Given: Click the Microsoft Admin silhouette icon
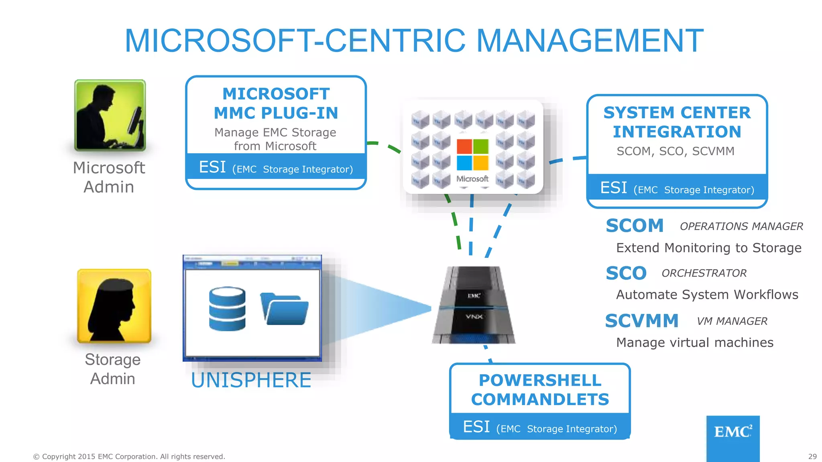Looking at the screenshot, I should (110, 115).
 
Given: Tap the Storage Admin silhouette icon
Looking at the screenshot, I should (114, 306).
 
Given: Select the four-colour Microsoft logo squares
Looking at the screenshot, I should (472, 155).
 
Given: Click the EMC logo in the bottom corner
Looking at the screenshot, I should (732, 432).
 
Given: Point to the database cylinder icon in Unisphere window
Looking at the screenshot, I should (227, 308).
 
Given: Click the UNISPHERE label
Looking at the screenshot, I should (251, 380).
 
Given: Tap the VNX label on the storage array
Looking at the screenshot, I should (474, 317).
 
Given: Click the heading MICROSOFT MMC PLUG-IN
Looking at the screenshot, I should (276, 103).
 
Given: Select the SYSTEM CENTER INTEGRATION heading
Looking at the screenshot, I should (677, 122).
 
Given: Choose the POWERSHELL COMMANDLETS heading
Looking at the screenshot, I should (540, 390).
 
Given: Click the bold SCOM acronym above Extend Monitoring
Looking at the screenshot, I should (635, 226).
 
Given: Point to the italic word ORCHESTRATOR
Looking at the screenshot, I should (704, 273).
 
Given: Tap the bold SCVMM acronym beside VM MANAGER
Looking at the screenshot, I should (641, 321).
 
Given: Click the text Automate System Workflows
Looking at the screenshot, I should (707, 295).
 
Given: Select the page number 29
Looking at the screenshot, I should (812, 456).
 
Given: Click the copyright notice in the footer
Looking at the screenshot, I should (129, 456).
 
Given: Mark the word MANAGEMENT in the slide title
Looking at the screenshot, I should (590, 41).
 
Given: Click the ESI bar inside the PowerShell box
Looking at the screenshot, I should (540, 428).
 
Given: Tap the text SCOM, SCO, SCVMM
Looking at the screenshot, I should (676, 151).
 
